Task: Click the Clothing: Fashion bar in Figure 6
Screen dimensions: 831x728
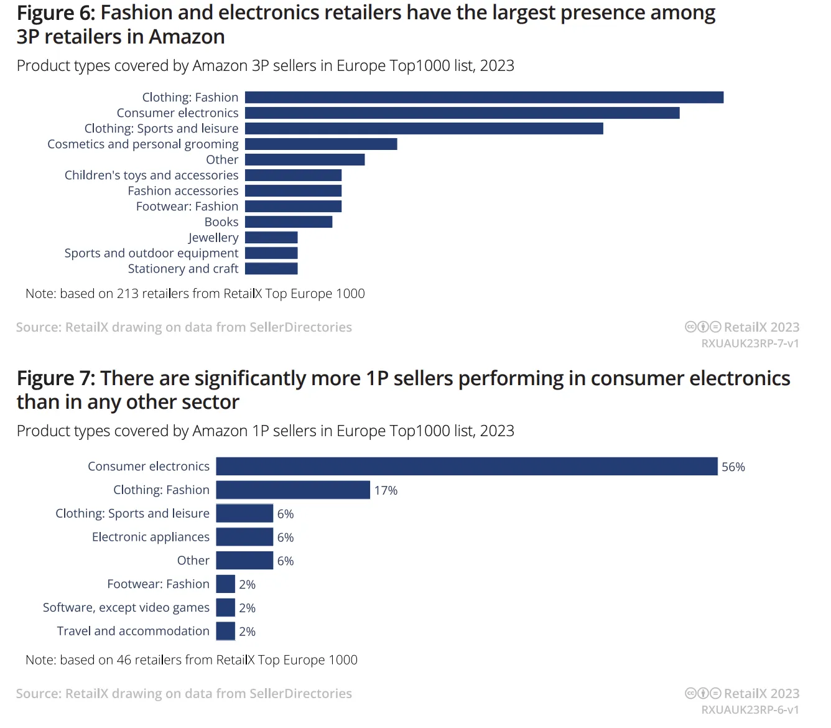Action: (484, 98)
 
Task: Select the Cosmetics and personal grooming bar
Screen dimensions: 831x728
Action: (321, 144)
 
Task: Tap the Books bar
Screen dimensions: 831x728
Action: (289, 222)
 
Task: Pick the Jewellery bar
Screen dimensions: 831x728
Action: (271, 238)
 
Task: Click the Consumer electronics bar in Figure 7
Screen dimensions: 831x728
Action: (467, 467)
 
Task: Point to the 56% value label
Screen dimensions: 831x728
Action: (733, 467)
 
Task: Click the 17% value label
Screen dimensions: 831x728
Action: (386, 491)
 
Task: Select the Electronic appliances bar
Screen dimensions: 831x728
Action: (244, 537)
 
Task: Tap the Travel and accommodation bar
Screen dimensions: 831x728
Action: (225, 632)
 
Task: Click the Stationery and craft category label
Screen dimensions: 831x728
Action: (183, 269)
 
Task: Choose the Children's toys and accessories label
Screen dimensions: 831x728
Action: (152, 175)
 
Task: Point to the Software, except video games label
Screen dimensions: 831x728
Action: (126, 608)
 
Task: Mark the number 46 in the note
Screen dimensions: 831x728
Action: (124, 660)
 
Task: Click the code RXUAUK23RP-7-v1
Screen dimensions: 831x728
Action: (750, 343)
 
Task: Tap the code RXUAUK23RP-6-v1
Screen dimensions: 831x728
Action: (750, 710)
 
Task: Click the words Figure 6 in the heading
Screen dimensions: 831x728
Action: (55, 13)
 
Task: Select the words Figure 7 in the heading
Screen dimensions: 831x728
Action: (55, 379)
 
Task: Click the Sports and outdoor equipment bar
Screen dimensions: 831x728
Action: (271, 253)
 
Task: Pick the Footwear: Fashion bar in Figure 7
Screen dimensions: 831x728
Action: (225, 584)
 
